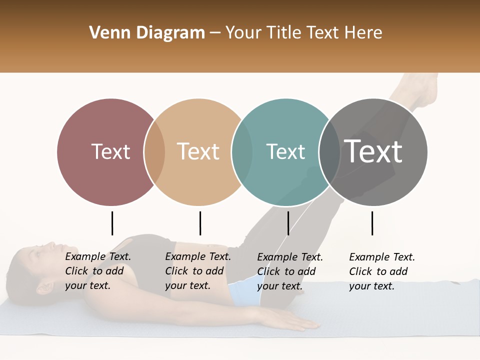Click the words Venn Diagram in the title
(147, 33)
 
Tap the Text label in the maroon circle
(110, 151)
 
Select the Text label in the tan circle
(198, 151)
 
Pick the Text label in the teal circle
(285, 151)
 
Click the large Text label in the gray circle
(373, 151)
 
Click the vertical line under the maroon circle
(112, 223)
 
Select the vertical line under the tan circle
(200, 223)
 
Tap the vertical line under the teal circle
(288, 223)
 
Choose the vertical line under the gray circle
(372, 223)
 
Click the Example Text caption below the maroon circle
(98, 271)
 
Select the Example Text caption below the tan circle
(198, 271)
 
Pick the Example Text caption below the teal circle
(290, 271)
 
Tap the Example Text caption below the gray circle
(382, 271)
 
